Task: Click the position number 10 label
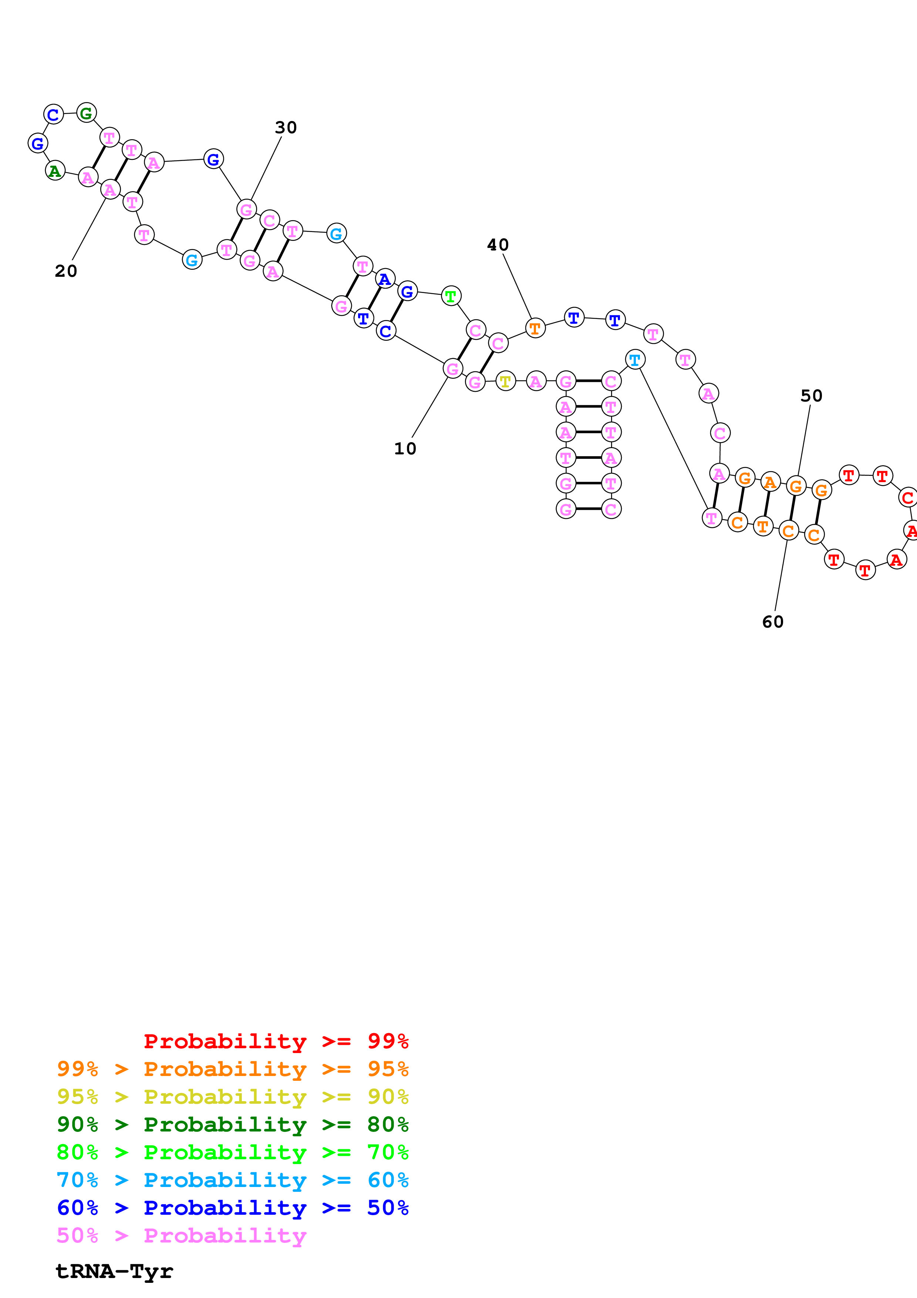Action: pyautogui.click(x=405, y=448)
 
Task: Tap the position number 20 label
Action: pyautogui.click(x=65, y=271)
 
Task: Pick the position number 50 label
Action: pyautogui.click(x=811, y=396)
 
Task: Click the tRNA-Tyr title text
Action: pyautogui.click(x=114, y=1271)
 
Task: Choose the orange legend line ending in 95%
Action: pyautogui.click(x=232, y=1069)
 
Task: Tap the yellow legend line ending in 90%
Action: pyautogui.click(x=232, y=1097)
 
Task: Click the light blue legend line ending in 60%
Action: pyautogui.click(x=232, y=1180)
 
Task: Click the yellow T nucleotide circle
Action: pyautogui.click(x=505, y=381)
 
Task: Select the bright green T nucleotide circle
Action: pyautogui.click(x=450, y=296)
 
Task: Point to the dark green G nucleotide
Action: pyautogui.click(x=86, y=113)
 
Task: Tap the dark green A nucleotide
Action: pyautogui.click(x=55, y=170)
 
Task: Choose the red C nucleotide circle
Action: pyautogui.click(x=907, y=498)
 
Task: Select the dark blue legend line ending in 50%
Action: pyautogui.click(x=232, y=1208)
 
